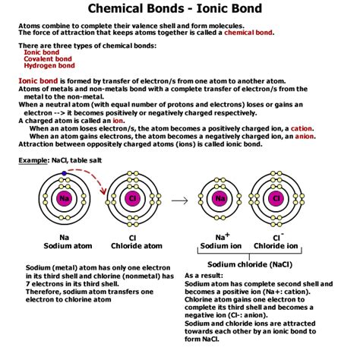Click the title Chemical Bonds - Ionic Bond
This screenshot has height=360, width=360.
coord(180,9)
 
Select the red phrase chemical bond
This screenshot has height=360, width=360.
coord(245,33)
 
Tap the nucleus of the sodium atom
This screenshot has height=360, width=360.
coord(64,199)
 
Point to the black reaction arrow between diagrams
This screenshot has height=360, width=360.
coord(179,201)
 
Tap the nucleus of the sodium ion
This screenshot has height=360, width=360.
coord(220,199)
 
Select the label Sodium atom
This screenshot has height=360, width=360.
coord(64,246)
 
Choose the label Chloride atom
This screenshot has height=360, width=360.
coord(134,246)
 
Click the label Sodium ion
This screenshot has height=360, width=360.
coord(221,246)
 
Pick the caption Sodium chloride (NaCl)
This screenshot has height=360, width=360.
coord(248,263)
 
